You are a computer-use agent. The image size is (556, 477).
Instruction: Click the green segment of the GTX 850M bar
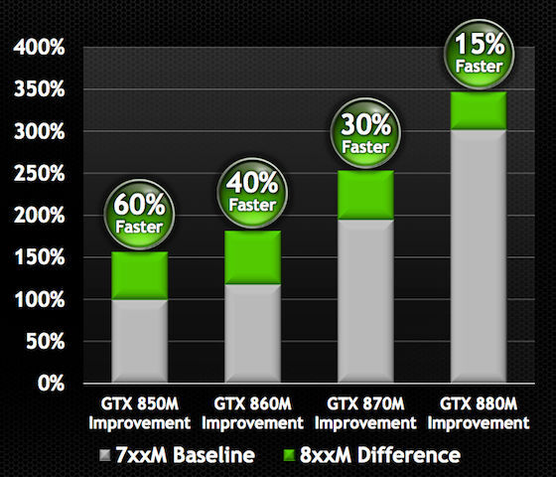click(x=139, y=276)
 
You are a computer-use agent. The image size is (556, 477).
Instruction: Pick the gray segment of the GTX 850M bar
click(x=139, y=340)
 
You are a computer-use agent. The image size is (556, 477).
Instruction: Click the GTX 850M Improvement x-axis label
click(x=139, y=413)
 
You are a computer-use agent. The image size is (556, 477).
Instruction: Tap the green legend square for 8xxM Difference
click(x=290, y=455)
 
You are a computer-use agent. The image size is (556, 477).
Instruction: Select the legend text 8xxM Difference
click(x=384, y=455)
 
